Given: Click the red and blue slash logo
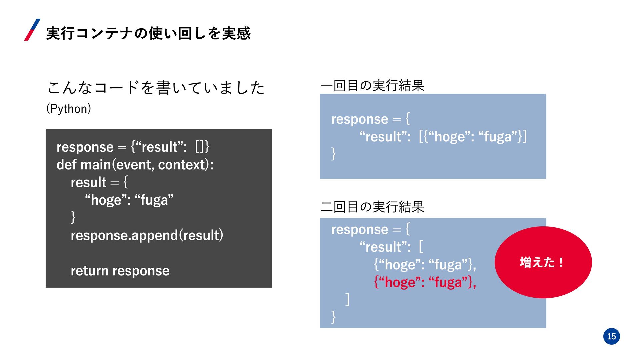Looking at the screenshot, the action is click(x=32, y=30).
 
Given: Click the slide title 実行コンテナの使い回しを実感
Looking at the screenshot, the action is click(x=148, y=33).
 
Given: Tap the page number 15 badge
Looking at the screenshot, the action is click(x=611, y=336).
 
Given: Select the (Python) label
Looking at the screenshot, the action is click(x=69, y=109).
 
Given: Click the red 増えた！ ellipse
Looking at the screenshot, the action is click(x=543, y=262).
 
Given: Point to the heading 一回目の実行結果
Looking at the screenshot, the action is click(x=372, y=86).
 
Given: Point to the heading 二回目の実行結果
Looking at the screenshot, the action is click(x=372, y=207).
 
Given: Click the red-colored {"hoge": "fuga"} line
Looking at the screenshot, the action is click(x=425, y=282).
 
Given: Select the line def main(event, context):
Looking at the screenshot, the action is click(x=135, y=165).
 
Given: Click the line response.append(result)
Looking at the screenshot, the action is click(x=147, y=235).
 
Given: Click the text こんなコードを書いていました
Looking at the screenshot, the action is click(x=156, y=88).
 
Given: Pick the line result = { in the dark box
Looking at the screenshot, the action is click(x=99, y=182).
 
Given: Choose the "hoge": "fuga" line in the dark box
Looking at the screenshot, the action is click(x=129, y=200).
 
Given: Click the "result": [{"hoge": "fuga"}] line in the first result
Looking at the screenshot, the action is click(x=443, y=137).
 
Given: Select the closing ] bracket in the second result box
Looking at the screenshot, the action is click(x=348, y=299).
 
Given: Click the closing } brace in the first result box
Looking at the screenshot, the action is click(x=333, y=154).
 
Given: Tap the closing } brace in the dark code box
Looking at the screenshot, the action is click(x=73, y=217).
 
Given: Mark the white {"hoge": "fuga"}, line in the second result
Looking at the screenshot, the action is click(x=425, y=265).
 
